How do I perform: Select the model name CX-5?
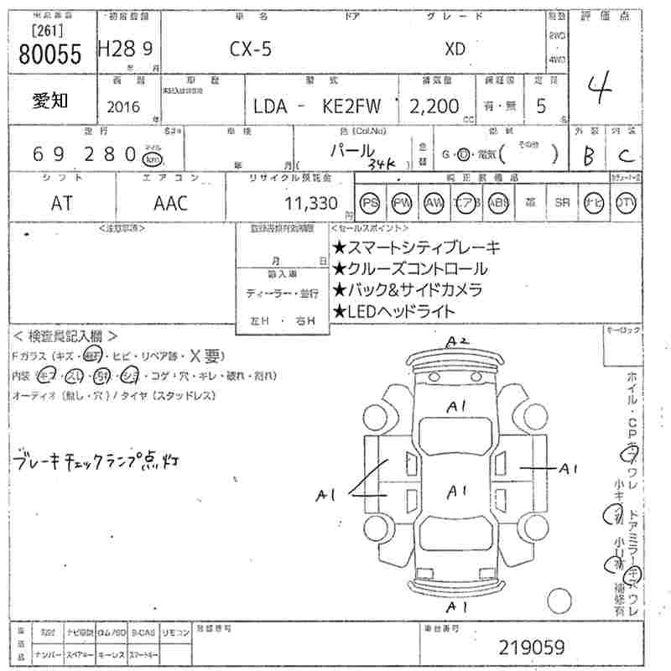click(251, 49)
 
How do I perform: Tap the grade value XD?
click(455, 49)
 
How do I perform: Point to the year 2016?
click(125, 107)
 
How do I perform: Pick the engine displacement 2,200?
click(434, 107)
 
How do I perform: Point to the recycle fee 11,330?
click(311, 203)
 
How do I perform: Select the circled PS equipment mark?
click(370, 203)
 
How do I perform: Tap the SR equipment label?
click(562, 203)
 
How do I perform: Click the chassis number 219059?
click(532, 648)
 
